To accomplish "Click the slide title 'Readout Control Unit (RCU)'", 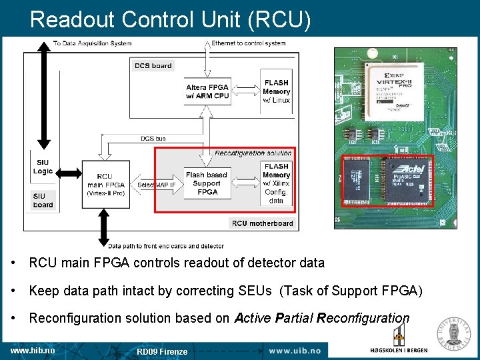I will (170, 19).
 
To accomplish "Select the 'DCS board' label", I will (153, 65).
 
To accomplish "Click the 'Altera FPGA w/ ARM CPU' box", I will (207, 91).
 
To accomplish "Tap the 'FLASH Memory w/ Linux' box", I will (276, 91).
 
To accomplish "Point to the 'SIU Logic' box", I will (43, 167).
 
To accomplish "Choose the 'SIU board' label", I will (43, 200).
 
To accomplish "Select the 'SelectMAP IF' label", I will (157, 185).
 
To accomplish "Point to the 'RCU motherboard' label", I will (262, 223).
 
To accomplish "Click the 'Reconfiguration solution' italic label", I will (253, 153).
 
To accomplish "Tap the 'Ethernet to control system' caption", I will (248, 43).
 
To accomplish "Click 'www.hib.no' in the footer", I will (33, 350).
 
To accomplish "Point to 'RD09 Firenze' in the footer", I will (162, 351).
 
